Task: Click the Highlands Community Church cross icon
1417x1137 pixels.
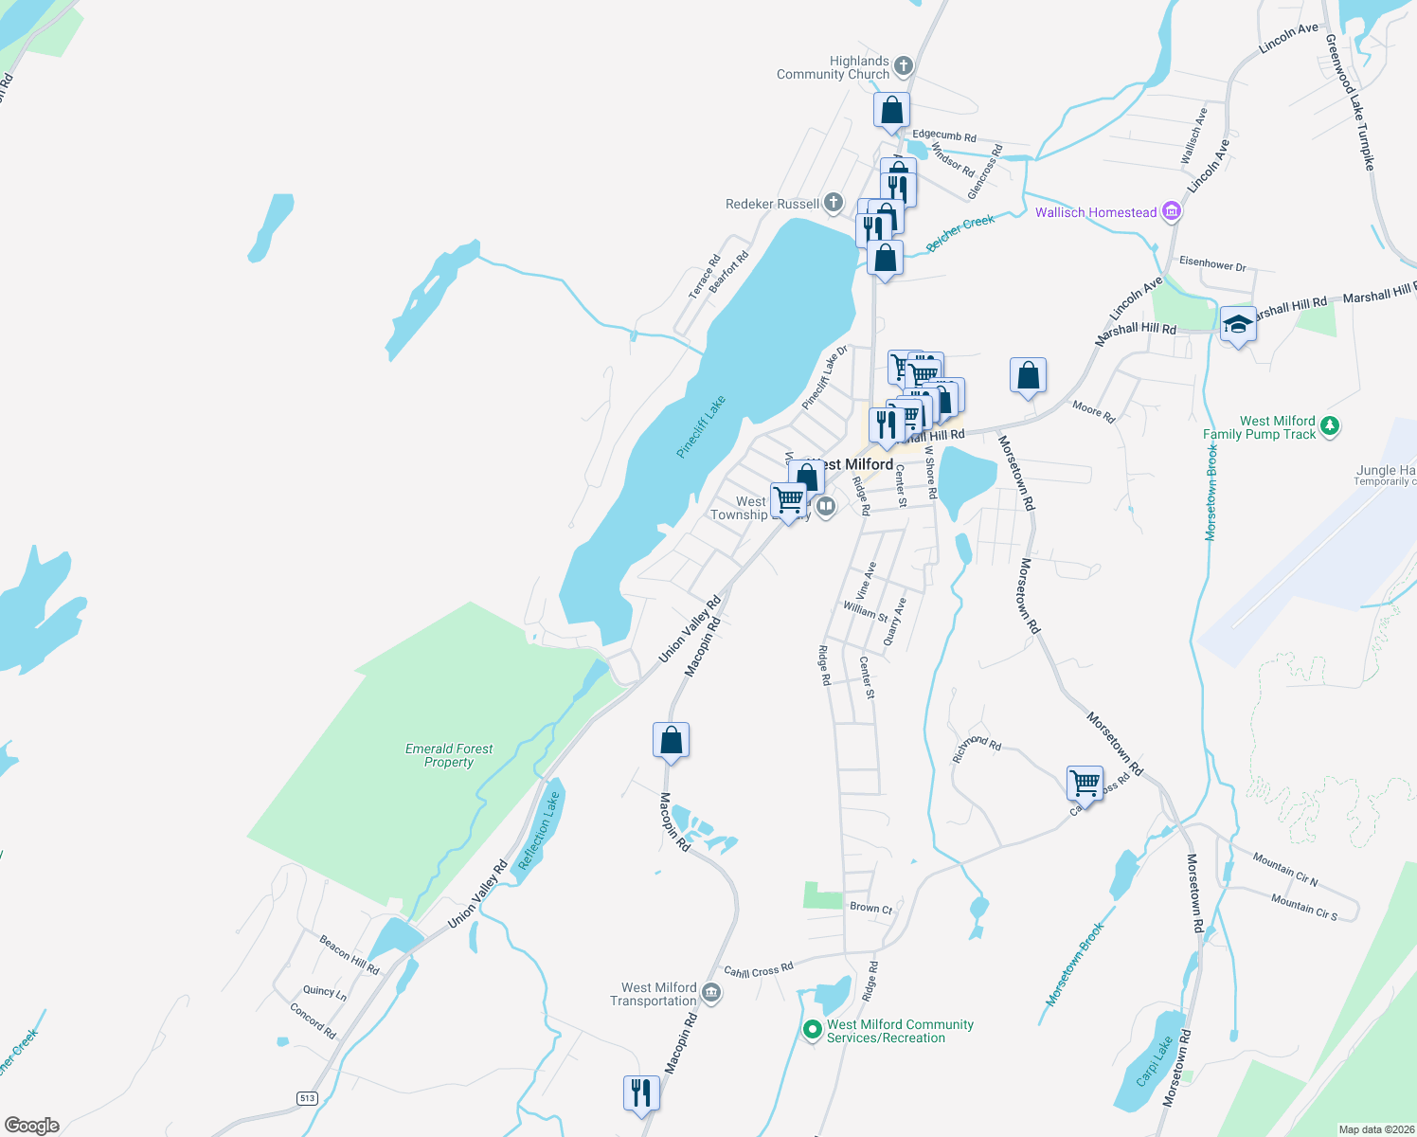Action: pyautogui.click(x=904, y=66)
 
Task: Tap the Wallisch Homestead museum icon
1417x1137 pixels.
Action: pyautogui.click(x=1172, y=211)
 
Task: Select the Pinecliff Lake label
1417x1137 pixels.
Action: pyautogui.click(x=701, y=426)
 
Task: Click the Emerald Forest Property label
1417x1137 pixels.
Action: pyautogui.click(x=449, y=755)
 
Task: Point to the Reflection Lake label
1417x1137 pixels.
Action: pyautogui.click(x=540, y=831)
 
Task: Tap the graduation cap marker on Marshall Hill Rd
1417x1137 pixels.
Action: pyautogui.click(x=1238, y=325)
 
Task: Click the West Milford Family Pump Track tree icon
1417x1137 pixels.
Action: pyautogui.click(x=1330, y=426)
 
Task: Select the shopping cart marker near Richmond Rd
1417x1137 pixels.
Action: pyautogui.click(x=1085, y=784)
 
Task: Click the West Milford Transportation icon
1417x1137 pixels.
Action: pyautogui.click(x=712, y=993)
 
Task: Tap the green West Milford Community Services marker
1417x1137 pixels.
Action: pyautogui.click(x=812, y=1030)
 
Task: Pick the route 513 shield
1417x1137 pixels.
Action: pyautogui.click(x=307, y=1098)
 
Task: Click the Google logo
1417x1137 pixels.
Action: pyautogui.click(x=32, y=1125)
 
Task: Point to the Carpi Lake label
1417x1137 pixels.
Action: pyautogui.click(x=1155, y=1061)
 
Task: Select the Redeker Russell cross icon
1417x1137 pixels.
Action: pyautogui.click(x=833, y=202)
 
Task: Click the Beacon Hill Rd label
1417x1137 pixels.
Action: pyautogui.click(x=349, y=955)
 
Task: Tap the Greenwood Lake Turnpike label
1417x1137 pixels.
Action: pyautogui.click(x=1349, y=101)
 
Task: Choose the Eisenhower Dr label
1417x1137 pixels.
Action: pyautogui.click(x=1212, y=264)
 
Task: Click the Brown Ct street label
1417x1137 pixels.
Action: pyautogui.click(x=870, y=908)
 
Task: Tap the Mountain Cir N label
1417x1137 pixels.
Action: pyautogui.click(x=1284, y=870)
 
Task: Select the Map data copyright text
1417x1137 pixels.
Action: pyautogui.click(x=1375, y=1129)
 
